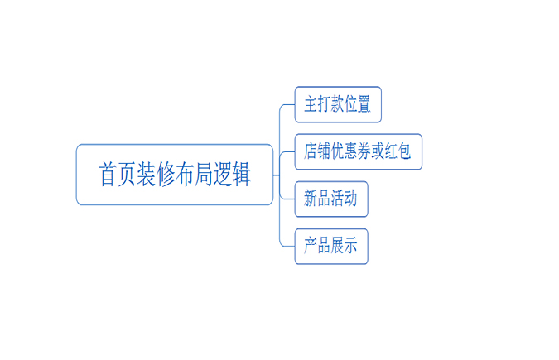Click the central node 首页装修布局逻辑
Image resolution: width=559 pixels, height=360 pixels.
tap(175, 175)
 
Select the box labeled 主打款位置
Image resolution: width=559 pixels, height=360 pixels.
tap(338, 105)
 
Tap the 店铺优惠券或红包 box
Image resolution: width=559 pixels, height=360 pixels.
tap(359, 152)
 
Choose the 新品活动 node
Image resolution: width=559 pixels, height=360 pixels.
tap(331, 199)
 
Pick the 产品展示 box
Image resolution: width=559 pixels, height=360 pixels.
tap(331, 247)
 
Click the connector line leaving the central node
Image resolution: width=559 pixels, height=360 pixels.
tap(278, 175)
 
